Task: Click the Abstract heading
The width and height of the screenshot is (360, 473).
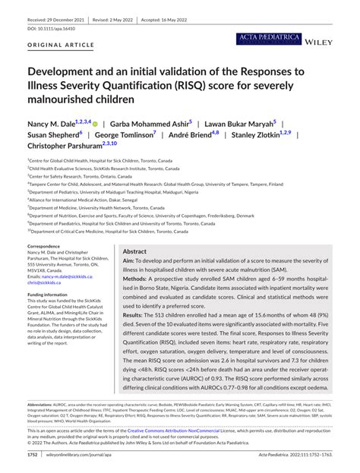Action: click(134, 251)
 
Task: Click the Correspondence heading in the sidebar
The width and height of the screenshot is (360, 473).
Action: click(48, 247)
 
